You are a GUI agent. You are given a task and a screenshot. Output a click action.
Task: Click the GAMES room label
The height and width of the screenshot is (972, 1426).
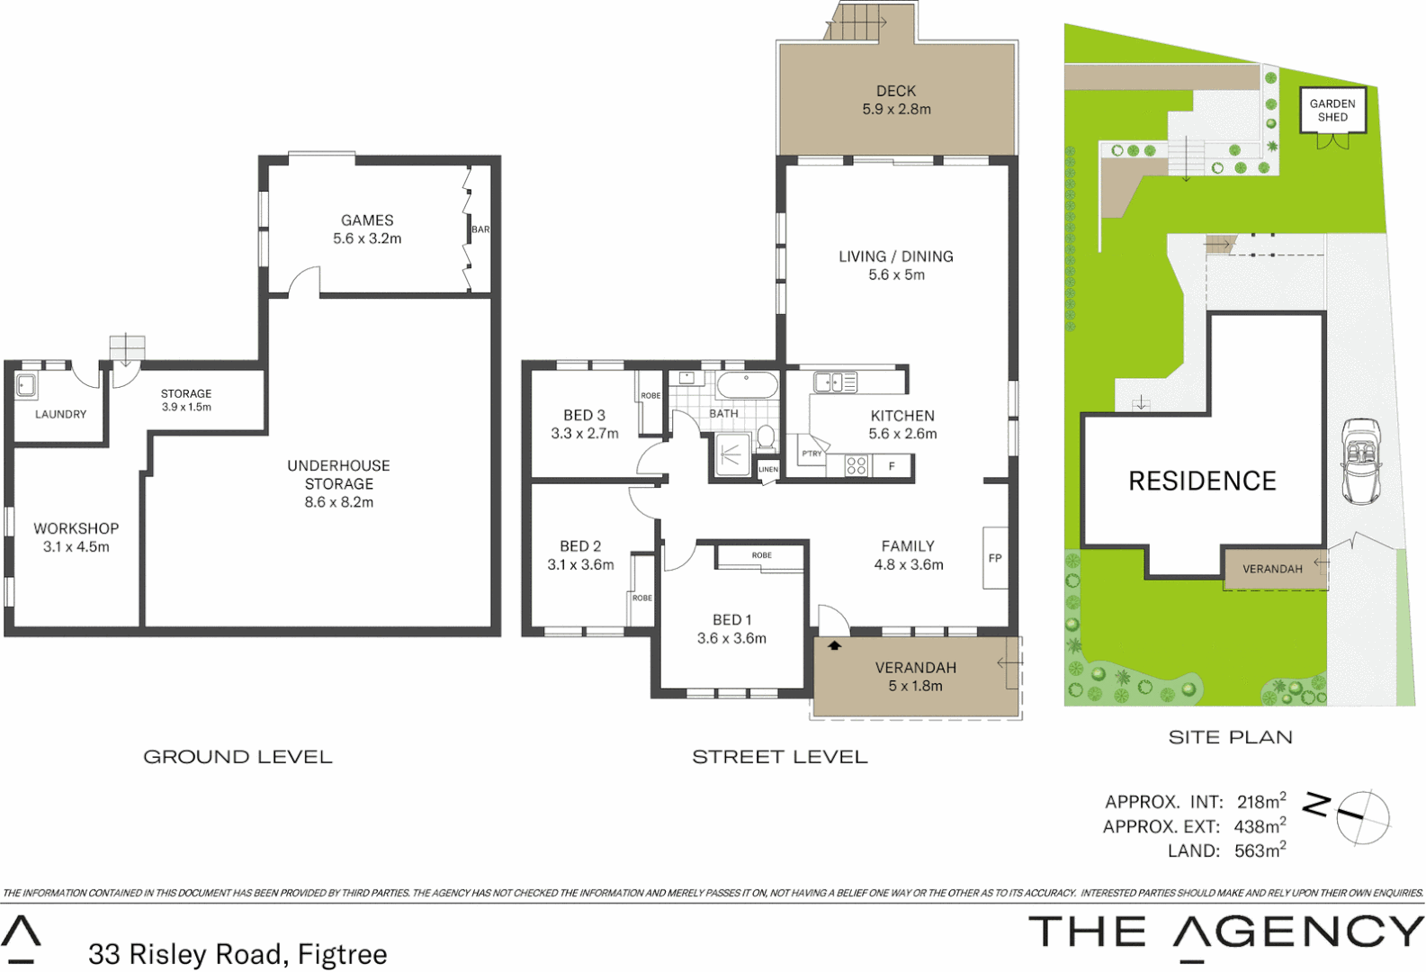367,220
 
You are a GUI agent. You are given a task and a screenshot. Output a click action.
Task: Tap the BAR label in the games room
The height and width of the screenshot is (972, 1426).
481,229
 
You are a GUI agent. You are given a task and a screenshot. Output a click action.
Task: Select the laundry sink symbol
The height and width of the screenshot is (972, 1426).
26,386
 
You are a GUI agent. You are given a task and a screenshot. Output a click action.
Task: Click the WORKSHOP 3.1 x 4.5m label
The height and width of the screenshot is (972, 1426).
76,537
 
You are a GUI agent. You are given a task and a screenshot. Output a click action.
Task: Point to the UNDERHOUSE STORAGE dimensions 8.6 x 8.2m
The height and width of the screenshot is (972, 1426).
338,503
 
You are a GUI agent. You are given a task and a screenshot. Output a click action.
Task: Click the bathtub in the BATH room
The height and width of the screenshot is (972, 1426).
747,384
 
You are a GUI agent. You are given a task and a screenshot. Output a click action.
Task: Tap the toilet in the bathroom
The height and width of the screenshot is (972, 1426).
766,438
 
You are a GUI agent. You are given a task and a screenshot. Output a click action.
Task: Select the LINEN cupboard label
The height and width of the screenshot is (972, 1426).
767,470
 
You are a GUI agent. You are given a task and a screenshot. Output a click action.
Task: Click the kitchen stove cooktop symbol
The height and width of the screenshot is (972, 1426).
856,465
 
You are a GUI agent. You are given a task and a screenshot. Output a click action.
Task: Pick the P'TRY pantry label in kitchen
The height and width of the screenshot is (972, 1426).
812,454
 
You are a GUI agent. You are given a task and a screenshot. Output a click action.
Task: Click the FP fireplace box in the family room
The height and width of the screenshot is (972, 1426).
995,558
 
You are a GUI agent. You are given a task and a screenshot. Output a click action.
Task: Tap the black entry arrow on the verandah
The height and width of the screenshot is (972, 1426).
834,645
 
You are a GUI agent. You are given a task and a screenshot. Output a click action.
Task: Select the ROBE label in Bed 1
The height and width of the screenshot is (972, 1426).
761,555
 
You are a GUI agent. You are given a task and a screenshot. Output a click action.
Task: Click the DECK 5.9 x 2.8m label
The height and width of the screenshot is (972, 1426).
896,100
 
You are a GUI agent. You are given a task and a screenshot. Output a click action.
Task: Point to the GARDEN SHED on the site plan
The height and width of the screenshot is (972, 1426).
1332,110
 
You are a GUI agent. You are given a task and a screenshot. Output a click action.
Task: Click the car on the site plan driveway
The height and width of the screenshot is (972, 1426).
1360,461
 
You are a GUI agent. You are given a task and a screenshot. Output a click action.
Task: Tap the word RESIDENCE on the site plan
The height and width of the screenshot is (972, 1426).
1202,481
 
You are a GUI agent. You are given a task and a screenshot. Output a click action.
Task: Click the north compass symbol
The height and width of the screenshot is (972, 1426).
1362,817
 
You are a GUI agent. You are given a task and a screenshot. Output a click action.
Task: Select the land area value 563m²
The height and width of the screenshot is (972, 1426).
1260,850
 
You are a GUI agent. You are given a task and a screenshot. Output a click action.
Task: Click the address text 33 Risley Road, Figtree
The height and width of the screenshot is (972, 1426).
238,953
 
